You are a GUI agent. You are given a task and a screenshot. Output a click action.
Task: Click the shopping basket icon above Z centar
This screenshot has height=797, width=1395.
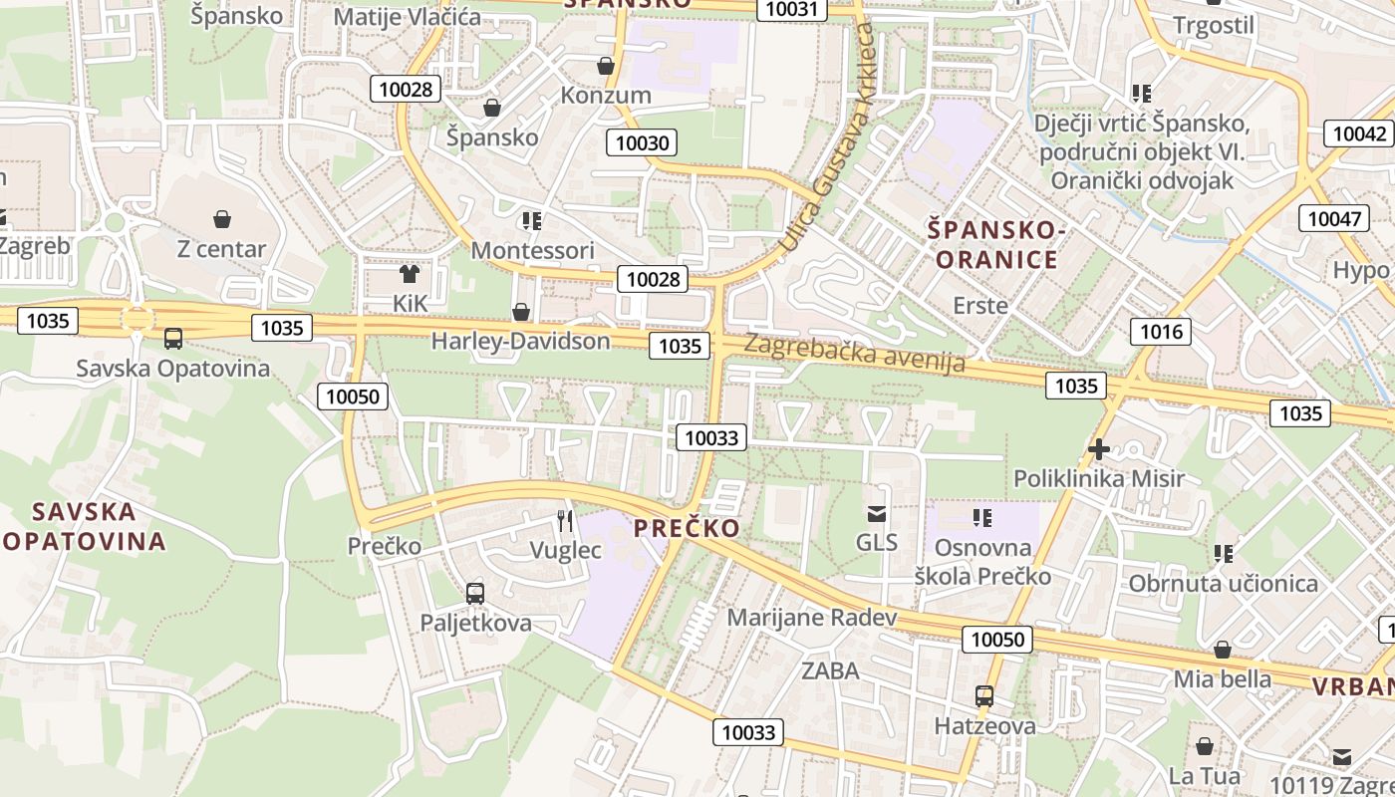[221, 218]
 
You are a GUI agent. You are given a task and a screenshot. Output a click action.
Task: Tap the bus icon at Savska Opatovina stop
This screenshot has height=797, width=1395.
[173, 339]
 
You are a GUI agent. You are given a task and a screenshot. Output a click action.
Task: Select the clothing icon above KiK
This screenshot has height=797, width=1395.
[409, 273]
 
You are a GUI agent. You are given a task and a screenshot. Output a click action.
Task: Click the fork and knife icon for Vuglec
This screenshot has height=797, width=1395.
[565, 520]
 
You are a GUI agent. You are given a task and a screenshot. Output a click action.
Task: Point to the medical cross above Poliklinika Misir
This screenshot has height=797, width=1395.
[1099, 449]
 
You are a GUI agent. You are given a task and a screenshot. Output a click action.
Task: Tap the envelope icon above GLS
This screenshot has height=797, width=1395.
[877, 514]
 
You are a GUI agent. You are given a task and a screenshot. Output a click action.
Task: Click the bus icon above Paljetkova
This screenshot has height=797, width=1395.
[475, 594]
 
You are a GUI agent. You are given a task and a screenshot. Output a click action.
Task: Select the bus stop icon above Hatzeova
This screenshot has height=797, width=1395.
[984, 696]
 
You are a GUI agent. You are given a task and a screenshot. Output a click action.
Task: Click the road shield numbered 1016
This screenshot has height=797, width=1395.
[1160, 331]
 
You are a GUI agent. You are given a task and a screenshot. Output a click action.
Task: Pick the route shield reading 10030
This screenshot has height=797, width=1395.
[643, 142]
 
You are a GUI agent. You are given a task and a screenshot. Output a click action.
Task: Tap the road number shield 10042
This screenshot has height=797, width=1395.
[1359, 133]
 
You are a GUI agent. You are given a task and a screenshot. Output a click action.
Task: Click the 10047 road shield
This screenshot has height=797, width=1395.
[1332, 219]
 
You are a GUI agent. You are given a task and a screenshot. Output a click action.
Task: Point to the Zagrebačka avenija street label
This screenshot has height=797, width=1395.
[855, 354]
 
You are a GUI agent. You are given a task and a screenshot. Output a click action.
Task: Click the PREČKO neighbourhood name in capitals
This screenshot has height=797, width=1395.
[688, 528]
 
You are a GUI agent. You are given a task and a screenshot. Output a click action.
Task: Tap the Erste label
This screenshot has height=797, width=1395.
[980, 305]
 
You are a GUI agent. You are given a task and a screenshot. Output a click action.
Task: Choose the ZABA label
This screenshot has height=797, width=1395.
[830, 670]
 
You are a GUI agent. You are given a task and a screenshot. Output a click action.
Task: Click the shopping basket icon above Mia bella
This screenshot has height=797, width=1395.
[1223, 650]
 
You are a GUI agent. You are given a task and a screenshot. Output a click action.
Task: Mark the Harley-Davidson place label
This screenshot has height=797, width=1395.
[520, 341]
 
